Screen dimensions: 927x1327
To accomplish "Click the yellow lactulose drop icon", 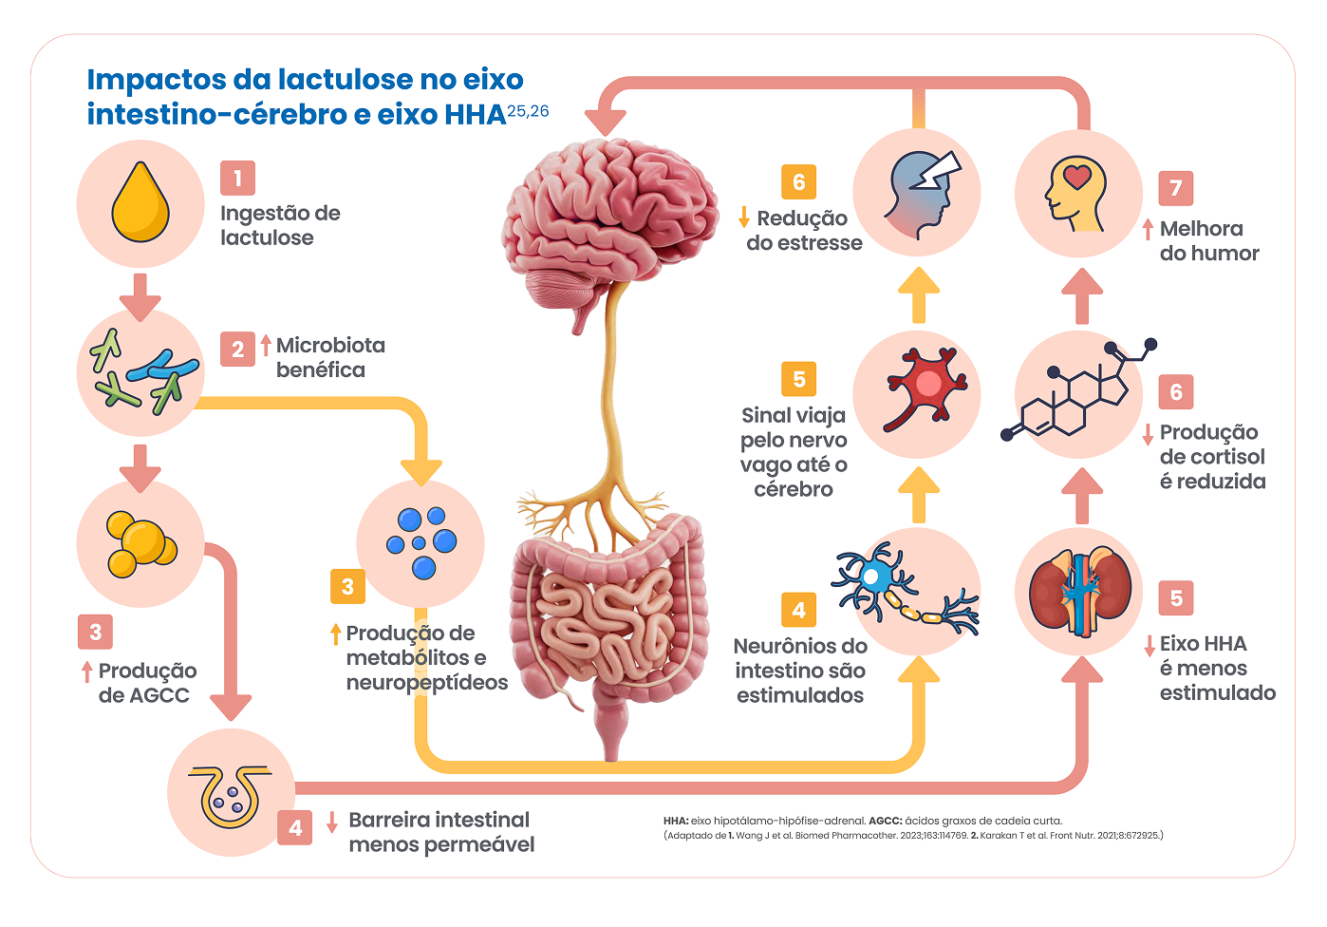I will (140, 202).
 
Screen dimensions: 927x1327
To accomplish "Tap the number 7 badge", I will (1175, 188).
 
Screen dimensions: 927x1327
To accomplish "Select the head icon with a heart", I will (1077, 195).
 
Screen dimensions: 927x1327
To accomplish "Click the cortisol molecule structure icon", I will (1079, 393).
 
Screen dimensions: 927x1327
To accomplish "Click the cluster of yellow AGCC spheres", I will (140, 544).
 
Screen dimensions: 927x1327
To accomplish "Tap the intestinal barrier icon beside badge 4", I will (231, 792).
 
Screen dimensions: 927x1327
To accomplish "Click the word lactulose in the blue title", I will (346, 80).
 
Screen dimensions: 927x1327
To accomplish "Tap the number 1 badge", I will (237, 178).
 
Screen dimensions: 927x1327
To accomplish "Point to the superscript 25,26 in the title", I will (528, 111).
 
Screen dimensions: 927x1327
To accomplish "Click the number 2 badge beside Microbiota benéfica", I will (237, 349).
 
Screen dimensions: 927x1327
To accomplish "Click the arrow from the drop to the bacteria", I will (140, 296).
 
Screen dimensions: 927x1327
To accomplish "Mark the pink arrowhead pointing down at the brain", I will (605, 121).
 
